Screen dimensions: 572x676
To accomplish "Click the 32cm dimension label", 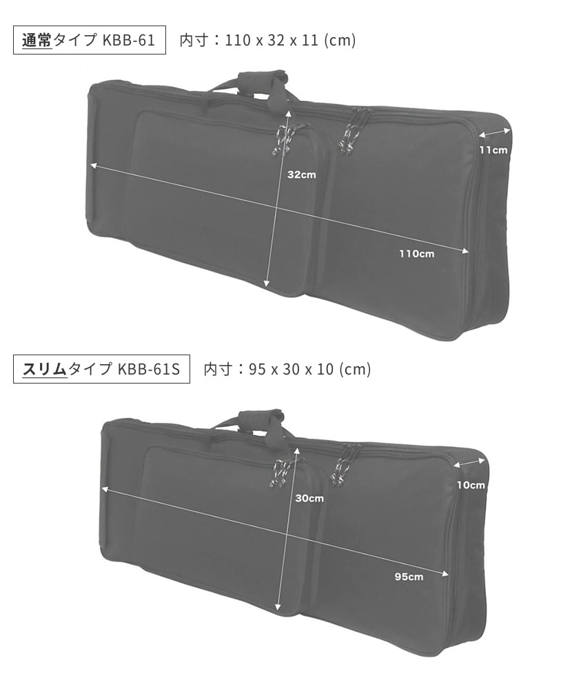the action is click(302, 175).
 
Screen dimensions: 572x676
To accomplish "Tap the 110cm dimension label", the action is click(416, 254).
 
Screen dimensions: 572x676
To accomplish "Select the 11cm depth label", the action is click(493, 150).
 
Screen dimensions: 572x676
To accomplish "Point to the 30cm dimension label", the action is click(309, 498).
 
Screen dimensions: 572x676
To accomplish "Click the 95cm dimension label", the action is click(409, 577).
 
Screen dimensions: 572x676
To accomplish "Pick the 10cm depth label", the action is click(471, 485).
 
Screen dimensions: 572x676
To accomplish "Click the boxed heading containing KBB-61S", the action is click(102, 369).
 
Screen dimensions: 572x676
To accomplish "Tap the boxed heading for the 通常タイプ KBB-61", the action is click(90, 40).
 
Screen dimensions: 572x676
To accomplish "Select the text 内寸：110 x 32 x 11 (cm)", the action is click(267, 40).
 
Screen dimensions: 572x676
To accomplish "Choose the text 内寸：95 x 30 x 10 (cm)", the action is click(287, 369).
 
